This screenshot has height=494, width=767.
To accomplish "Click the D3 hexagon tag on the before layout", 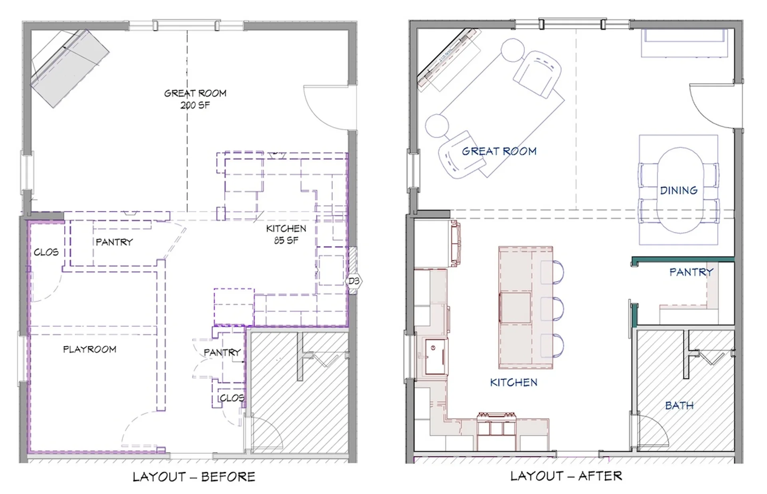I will coord(354,281).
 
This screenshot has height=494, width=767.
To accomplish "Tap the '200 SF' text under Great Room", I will coord(195,105).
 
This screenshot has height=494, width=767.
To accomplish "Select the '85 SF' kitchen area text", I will coord(286,240).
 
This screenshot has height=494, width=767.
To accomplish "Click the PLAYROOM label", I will coord(89,349).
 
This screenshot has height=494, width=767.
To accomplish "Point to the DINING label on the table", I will coord(679,190).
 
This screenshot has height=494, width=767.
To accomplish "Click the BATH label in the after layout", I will coord(679,406).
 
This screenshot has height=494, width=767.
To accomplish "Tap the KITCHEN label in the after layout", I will coord(514,383).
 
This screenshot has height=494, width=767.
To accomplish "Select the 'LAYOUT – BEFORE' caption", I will coord(194,477).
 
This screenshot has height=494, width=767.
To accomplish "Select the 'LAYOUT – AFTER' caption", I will coord(566,476).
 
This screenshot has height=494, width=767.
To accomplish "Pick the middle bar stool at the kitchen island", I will coord(553,309).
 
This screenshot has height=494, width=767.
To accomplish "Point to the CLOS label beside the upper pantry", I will coord(46,252).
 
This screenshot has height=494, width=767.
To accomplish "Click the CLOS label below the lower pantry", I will coord(232,398).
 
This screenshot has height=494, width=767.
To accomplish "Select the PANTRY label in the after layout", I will coord(691,272).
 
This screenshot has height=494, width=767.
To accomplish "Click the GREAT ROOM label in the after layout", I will coord(499,151).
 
